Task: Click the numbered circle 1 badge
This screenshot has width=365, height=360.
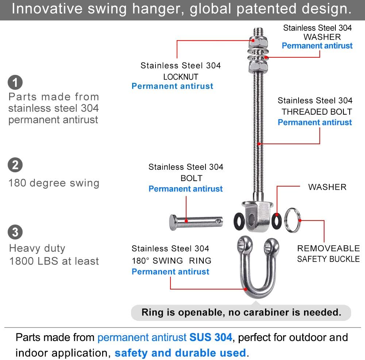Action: pyautogui.click(x=15, y=82)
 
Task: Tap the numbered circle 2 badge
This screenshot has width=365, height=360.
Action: pyautogui.click(x=15, y=165)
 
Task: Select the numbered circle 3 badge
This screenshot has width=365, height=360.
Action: pyautogui.click(x=15, y=232)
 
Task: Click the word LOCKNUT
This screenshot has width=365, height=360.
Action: pyautogui.click(x=181, y=77)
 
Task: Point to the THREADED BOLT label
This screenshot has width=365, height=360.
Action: pyautogui.click(x=316, y=112)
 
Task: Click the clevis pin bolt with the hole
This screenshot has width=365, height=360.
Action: pyautogui.click(x=196, y=222)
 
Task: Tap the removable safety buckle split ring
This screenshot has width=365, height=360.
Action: pyautogui.click(x=293, y=220)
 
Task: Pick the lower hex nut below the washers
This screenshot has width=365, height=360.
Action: pyautogui.click(x=258, y=67)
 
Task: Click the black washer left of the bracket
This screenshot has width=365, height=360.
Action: pyautogui.click(x=239, y=222)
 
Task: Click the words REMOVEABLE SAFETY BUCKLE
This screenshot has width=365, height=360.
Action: pyautogui.click(x=328, y=254)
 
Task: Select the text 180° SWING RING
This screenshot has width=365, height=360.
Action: pyautogui.click(x=172, y=261)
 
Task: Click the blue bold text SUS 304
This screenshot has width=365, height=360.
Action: pyautogui.click(x=211, y=337)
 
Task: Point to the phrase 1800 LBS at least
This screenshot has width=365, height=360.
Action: pyautogui.click(x=54, y=261)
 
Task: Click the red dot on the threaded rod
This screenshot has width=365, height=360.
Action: pyautogui.click(x=259, y=144)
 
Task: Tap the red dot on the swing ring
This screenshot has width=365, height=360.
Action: pyautogui.click(x=245, y=289)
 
